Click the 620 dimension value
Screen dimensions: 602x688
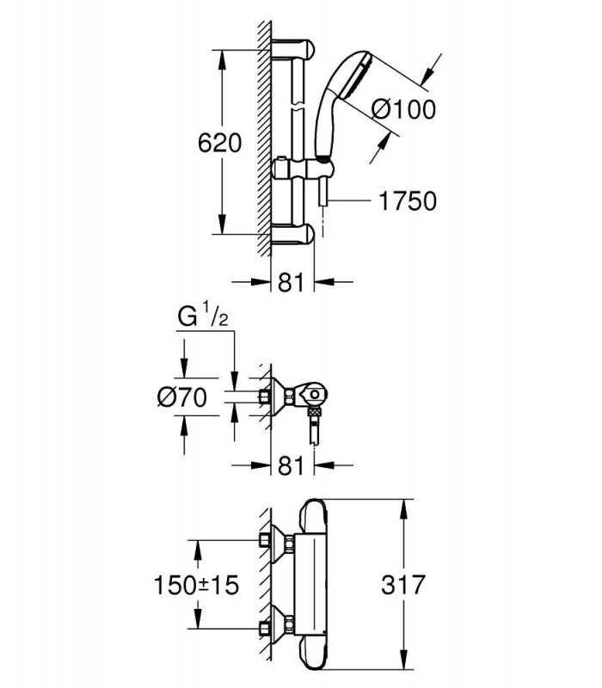(219, 143)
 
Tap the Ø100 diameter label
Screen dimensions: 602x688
(403, 109)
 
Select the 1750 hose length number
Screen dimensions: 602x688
(408, 201)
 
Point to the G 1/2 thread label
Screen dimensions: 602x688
(203, 316)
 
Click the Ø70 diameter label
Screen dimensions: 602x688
(182, 398)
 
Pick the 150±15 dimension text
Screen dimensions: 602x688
(196, 585)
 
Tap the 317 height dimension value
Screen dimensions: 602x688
(403, 585)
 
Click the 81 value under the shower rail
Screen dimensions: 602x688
(291, 282)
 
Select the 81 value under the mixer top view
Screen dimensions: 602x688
(291, 465)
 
